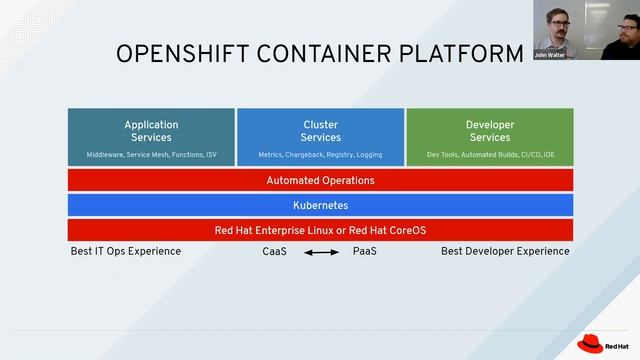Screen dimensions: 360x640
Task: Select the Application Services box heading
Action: pyautogui.click(x=151, y=131)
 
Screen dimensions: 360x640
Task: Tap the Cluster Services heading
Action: pyautogui.click(x=320, y=131)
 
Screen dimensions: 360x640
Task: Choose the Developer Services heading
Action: pyautogui.click(x=489, y=131)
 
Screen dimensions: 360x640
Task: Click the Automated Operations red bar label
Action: pyautogui.click(x=320, y=181)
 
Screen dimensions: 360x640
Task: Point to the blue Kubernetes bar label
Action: pyautogui.click(x=320, y=205)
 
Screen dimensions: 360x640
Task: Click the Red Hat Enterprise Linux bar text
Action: pyautogui.click(x=320, y=230)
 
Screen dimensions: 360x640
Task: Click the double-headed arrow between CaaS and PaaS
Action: pyautogui.click(x=321, y=253)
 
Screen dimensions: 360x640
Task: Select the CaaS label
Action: pyautogui.click(x=274, y=252)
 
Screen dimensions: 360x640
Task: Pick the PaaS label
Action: pyautogui.click(x=365, y=252)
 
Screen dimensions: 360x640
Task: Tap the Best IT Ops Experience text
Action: pyautogui.click(x=126, y=251)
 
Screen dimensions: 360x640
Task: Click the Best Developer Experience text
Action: pyautogui.click(x=505, y=251)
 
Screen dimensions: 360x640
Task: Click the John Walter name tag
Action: pyautogui.click(x=550, y=55)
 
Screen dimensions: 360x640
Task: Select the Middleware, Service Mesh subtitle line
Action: pyautogui.click(x=151, y=155)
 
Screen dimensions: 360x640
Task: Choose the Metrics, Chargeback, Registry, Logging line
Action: pyautogui.click(x=320, y=155)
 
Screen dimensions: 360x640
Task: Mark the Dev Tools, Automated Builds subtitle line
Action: pyautogui.click(x=489, y=155)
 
